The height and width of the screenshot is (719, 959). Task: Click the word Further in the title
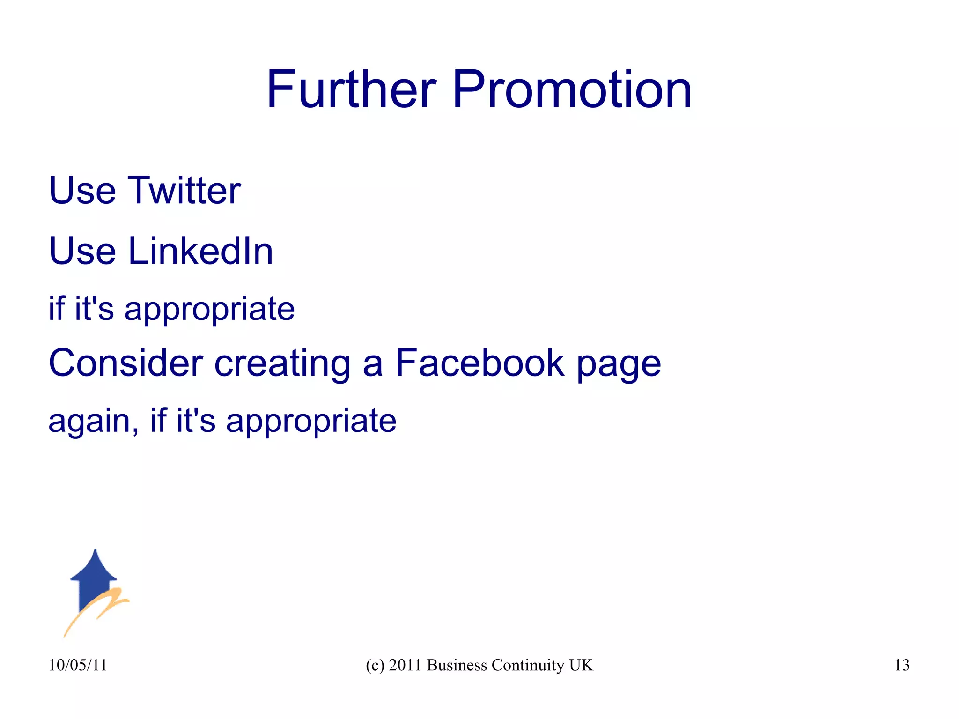pyautogui.click(x=352, y=89)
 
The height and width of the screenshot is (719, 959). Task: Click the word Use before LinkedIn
pyautogui.click(x=82, y=251)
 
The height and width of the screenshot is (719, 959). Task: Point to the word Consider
pyautogui.click(x=125, y=363)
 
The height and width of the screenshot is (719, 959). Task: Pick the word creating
pyautogui.click(x=282, y=363)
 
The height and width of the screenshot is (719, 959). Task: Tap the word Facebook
pyautogui.click(x=480, y=363)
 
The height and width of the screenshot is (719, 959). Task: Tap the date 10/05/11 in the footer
pyautogui.click(x=78, y=665)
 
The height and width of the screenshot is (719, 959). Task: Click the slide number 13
pyautogui.click(x=902, y=665)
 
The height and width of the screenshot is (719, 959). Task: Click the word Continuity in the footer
pyautogui.click(x=528, y=665)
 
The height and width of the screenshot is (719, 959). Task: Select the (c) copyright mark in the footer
pyautogui.click(x=375, y=665)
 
